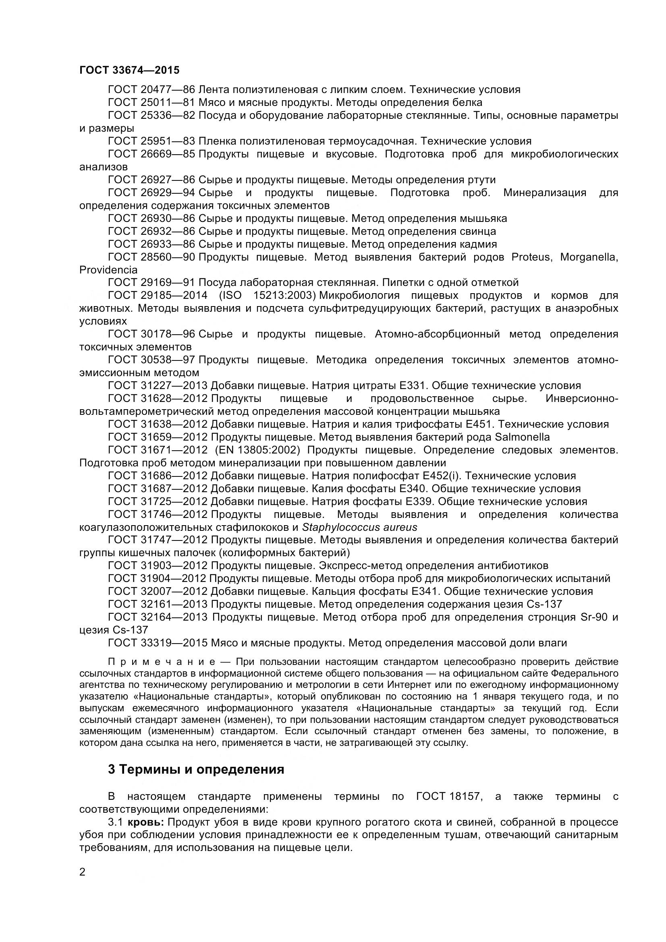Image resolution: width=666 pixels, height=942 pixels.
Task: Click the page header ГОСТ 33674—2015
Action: click(129, 70)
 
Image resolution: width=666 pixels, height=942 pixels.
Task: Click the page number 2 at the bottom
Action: click(83, 872)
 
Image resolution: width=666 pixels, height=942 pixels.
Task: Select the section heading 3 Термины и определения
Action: click(196, 769)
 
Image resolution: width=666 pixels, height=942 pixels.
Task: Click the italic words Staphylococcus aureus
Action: click(359, 527)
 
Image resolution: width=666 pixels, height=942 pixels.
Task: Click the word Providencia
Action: click(108, 270)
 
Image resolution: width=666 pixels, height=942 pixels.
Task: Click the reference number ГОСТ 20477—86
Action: click(151, 89)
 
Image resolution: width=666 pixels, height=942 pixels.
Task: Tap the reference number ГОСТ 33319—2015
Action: click(158, 643)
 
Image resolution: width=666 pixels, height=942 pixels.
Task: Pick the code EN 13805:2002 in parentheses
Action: click(257, 450)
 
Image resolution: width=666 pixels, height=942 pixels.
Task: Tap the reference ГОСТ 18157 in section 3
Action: click(448, 797)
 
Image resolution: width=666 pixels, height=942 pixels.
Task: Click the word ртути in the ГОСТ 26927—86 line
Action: click(481, 180)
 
